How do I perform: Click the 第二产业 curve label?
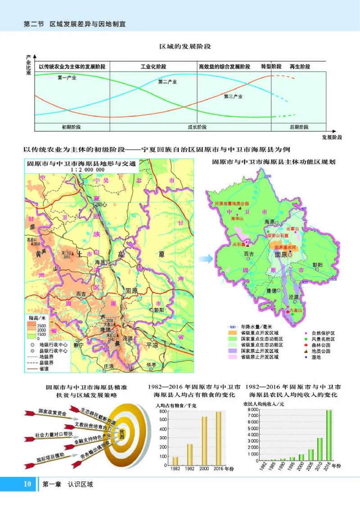pos(167,82)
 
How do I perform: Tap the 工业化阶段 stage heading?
pos(153,67)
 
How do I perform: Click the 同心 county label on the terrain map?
pos(102,204)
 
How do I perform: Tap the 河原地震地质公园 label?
pos(232,203)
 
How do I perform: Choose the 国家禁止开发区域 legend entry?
pos(260,351)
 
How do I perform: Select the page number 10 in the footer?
pos(27,484)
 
